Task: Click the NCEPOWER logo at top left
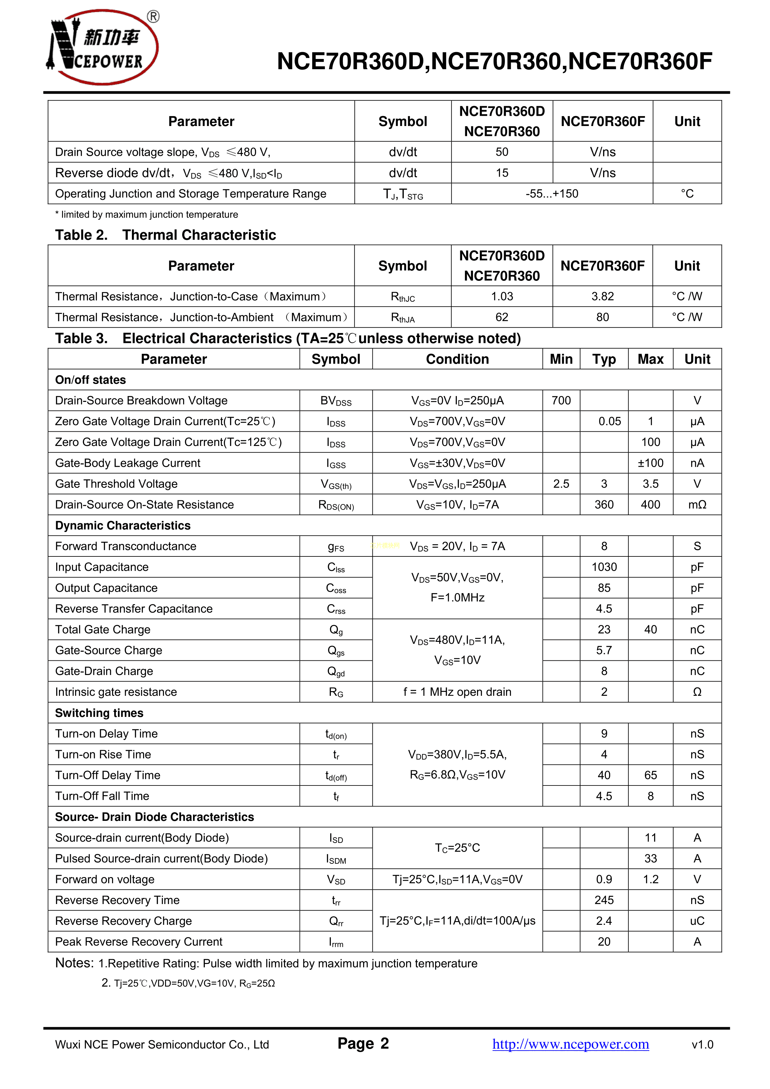[x=102, y=47]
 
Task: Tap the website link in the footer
[x=570, y=1044]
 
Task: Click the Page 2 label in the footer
[x=363, y=1043]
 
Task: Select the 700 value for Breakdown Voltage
[x=561, y=401]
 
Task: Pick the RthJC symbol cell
[x=402, y=297]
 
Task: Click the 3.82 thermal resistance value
[x=602, y=296]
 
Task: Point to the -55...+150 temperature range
[x=552, y=194]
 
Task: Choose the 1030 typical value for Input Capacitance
[x=603, y=567]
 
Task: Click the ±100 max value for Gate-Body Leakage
[x=650, y=463]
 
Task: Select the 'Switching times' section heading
[x=99, y=713]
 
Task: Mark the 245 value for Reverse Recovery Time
[x=603, y=900]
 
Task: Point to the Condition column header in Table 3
[x=457, y=359]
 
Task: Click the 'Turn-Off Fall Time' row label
[x=102, y=796]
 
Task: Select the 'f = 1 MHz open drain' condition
[x=457, y=692]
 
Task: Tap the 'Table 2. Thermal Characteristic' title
[x=165, y=235]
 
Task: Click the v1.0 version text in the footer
[x=702, y=1044]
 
